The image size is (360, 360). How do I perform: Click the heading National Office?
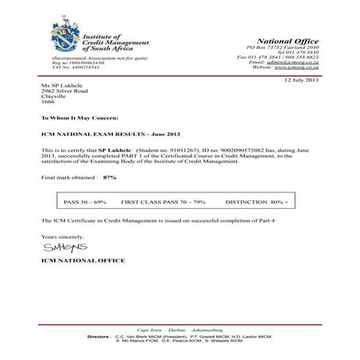click(287, 41)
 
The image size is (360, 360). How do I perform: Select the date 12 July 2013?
click(300, 80)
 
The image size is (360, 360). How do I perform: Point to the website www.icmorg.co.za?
click(295, 68)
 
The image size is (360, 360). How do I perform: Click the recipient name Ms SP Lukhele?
click(62, 85)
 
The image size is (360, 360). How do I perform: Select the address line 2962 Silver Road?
click(65, 91)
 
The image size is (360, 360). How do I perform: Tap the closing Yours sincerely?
click(61, 236)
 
